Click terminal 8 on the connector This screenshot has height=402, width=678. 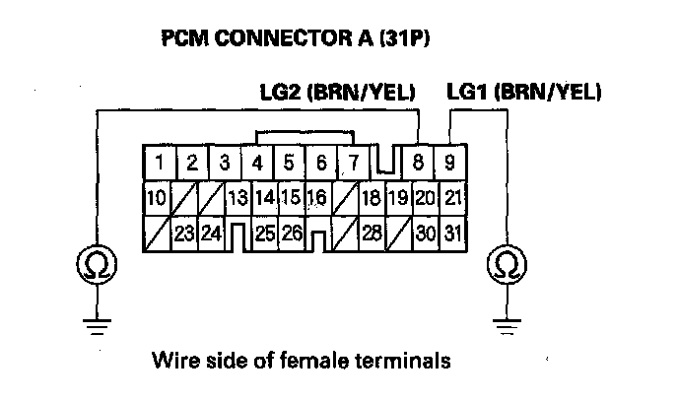pos(421,161)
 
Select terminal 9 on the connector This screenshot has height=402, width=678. pos(451,161)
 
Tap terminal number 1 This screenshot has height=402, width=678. pos(159,161)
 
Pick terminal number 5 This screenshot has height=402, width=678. pos(289,161)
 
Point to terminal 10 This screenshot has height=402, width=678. pos(155,198)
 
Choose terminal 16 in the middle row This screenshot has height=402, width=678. pos(315,198)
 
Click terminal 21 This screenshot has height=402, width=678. pos(452,198)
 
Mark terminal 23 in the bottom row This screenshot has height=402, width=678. pos(182,235)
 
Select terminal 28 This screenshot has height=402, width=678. pos(371,235)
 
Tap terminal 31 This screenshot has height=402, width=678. pos(452,235)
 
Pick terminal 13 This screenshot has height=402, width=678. pos(237,198)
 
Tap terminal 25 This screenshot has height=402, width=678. pos(263,235)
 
